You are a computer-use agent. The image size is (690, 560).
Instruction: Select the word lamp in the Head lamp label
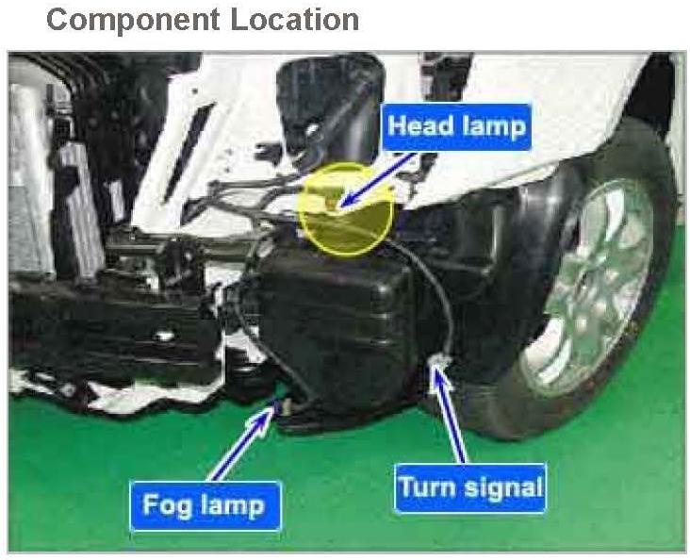pyautogui.click(x=491, y=125)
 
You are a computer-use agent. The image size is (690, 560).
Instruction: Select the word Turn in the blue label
pyautogui.click(x=426, y=487)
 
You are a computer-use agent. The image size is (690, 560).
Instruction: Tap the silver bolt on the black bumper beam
pyautogui.click(x=165, y=336)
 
